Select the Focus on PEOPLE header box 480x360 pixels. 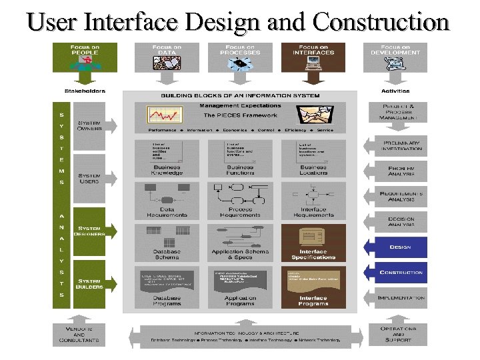85,57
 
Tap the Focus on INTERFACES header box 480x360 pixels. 313,57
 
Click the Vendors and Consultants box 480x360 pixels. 79,334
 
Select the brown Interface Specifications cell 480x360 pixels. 313,243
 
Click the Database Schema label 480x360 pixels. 167,254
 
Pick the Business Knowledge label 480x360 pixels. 167,170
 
